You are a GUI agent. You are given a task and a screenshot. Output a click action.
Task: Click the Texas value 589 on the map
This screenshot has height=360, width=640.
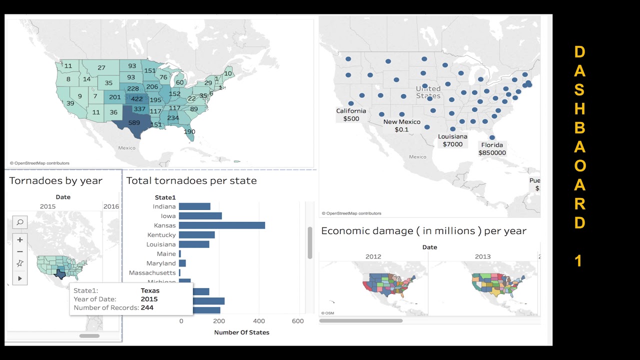click(x=134, y=122)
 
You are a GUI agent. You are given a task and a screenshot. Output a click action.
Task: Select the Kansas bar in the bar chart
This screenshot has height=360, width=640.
click(x=221, y=225)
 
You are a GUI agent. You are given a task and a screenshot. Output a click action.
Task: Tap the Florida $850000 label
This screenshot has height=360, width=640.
click(x=492, y=149)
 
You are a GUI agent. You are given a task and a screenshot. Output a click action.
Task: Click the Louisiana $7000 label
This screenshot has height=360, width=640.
click(x=452, y=140)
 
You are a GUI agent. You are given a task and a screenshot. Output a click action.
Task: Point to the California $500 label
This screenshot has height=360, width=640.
click(x=351, y=115)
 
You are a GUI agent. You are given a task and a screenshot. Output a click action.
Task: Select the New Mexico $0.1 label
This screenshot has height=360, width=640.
click(x=401, y=125)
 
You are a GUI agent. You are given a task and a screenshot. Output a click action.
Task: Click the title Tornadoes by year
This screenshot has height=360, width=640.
click(x=55, y=181)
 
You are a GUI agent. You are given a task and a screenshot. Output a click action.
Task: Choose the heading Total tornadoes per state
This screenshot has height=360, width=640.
click(x=191, y=181)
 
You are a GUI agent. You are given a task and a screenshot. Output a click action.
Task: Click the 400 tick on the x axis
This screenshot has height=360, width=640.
click(x=259, y=321)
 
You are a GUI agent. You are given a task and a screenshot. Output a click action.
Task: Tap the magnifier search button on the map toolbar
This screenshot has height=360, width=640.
click(x=20, y=222)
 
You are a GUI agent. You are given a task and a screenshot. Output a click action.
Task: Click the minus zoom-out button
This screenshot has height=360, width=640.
click(x=20, y=251)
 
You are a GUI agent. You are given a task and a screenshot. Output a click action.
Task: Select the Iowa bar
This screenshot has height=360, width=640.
click(x=200, y=216)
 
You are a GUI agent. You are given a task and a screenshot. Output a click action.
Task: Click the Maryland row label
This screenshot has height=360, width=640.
click(x=161, y=263)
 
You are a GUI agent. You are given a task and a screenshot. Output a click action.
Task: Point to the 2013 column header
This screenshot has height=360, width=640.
click(x=482, y=256)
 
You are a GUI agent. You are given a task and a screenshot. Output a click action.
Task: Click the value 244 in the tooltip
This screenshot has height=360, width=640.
click(x=147, y=307)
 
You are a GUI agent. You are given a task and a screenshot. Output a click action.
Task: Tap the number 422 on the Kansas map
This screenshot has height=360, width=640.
click(x=136, y=99)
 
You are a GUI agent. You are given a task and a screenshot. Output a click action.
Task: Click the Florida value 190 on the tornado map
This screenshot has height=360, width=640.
click(x=189, y=131)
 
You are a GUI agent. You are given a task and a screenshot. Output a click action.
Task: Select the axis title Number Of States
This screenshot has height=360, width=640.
click(x=241, y=332)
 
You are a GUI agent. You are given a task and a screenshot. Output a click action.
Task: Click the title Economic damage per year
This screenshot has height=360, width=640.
click(x=423, y=231)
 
